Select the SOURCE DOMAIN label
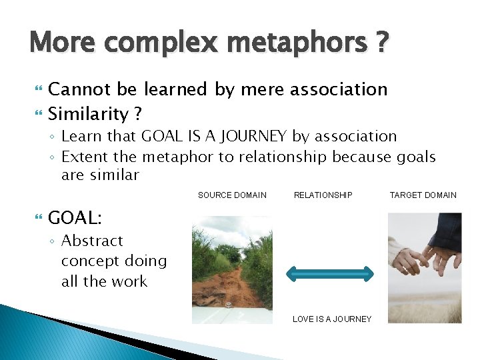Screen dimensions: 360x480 (x=232, y=195)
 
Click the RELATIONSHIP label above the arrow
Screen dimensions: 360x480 (x=323, y=195)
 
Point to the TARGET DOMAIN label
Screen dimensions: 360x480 (x=423, y=195)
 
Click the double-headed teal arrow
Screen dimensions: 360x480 (x=330, y=272)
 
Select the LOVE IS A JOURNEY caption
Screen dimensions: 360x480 (x=332, y=319)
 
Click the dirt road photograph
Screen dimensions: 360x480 (x=232, y=269)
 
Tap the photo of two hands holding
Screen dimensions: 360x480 (x=425, y=267)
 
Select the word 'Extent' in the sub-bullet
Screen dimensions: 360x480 (x=82, y=157)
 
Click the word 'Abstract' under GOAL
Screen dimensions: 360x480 (x=92, y=241)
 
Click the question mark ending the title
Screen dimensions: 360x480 (x=381, y=43)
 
